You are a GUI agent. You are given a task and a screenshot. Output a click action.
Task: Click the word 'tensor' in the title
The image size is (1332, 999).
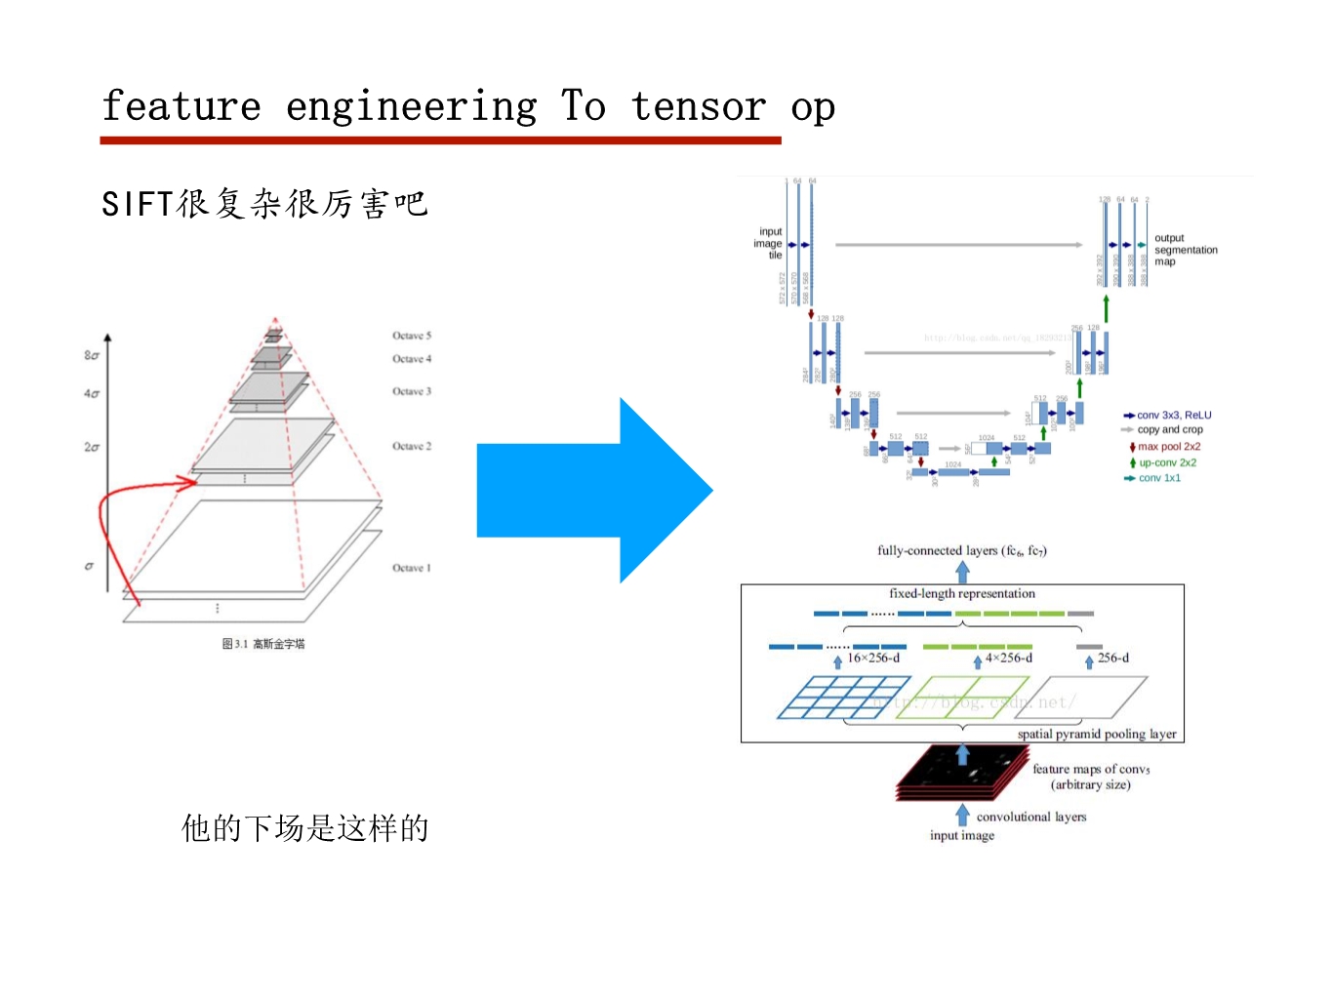tap(698, 106)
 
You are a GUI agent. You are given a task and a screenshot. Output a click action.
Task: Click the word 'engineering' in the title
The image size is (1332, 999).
tap(411, 107)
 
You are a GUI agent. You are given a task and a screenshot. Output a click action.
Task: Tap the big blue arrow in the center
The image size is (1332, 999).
tap(595, 490)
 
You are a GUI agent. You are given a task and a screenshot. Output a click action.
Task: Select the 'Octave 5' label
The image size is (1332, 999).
tap(412, 336)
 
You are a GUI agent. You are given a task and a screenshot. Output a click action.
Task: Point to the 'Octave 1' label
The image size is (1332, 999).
tap(411, 568)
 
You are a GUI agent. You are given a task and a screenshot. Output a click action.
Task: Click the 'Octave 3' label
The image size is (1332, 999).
tap(411, 391)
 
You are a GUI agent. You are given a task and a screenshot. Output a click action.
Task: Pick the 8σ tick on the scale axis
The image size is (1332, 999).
tap(92, 355)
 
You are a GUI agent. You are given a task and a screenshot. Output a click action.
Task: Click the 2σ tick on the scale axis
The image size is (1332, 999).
tap(92, 447)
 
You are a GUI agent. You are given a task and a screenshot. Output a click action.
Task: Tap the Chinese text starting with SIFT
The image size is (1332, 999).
tap(264, 204)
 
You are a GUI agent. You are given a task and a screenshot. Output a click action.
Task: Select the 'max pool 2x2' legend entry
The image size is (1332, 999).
tap(1169, 447)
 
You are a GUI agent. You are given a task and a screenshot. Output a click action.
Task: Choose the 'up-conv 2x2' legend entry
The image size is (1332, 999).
tap(1167, 462)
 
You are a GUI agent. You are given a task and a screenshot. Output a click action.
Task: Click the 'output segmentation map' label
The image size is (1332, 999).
tap(1186, 250)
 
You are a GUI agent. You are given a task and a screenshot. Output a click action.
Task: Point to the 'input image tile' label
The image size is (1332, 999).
tap(769, 244)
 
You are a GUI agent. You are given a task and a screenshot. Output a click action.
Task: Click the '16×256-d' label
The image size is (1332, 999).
tap(873, 659)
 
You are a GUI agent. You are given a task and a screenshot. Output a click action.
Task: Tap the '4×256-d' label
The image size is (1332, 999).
tap(1008, 659)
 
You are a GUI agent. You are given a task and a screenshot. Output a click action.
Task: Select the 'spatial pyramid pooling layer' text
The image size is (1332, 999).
tap(1097, 734)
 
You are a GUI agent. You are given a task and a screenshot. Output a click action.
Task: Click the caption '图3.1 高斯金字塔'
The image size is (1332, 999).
tap(263, 644)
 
